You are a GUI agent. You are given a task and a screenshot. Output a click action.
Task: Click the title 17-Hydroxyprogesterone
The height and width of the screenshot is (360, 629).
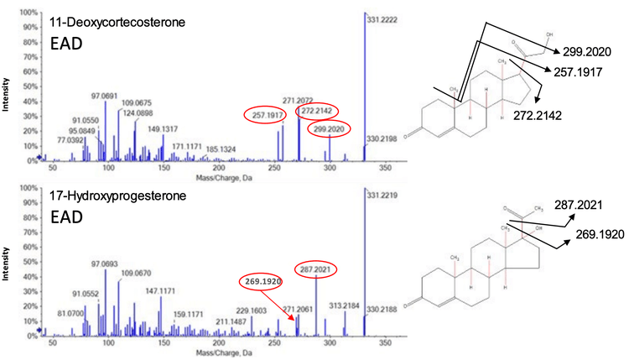[x=104, y=197]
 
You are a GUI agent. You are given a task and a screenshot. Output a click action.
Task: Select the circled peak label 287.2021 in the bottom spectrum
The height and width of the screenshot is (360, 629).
[x=318, y=269]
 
